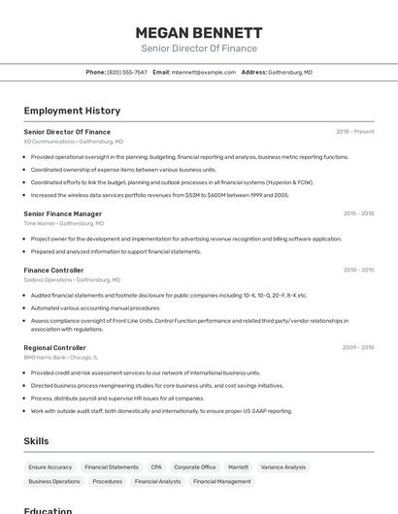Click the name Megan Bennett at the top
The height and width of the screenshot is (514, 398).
[x=198, y=32]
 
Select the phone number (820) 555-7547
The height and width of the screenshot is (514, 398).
[x=127, y=72]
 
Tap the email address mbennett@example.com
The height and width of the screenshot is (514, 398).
[x=204, y=72]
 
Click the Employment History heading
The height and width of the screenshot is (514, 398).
[x=72, y=111]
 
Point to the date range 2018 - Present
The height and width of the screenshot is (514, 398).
[x=354, y=131]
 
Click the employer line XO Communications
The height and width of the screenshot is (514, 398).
[x=73, y=142]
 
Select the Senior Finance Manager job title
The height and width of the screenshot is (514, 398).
[x=62, y=213]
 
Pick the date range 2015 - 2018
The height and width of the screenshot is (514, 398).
[x=358, y=213]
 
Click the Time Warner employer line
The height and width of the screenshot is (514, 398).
[x=63, y=223]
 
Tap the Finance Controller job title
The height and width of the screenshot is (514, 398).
[x=53, y=270]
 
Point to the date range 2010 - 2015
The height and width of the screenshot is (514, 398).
[x=358, y=270]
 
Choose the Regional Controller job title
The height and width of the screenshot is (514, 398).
[x=54, y=347]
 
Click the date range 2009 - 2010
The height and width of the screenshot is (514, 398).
[x=358, y=347]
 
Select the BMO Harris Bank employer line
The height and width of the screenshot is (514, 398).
[x=67, y=357]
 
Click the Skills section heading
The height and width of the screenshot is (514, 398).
[x=36, y=441]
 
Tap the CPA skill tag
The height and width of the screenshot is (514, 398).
[x=156, y=466]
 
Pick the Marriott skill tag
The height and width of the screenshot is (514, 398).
[x=238, y=466]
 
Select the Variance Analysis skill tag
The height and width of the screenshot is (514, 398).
[x=283, y=466]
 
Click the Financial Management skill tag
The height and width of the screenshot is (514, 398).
[x=221, y=481]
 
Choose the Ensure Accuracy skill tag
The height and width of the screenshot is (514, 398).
[x=50, y=466]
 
